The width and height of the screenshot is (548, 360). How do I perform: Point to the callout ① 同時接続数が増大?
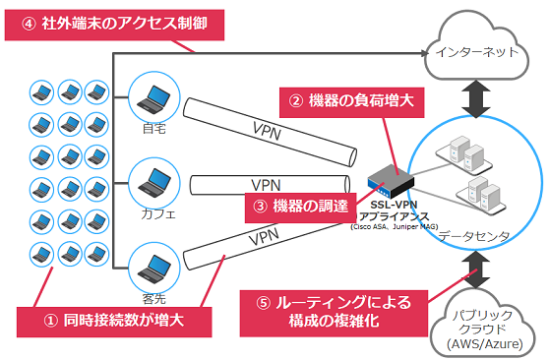[x=116, y=320]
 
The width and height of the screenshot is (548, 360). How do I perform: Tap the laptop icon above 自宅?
[x=152, y=98]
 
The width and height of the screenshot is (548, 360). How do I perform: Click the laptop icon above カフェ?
[x=152, y=183]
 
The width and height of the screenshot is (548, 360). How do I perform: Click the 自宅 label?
[x=153, y=127]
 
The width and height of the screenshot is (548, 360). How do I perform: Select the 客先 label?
[x=153, y=292]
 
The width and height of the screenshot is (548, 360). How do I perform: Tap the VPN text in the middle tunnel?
[x=266, y=184]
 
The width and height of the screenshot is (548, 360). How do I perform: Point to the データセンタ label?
[x=475, y=236]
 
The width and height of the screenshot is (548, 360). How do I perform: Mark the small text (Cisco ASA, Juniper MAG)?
[x=392, y=227]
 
